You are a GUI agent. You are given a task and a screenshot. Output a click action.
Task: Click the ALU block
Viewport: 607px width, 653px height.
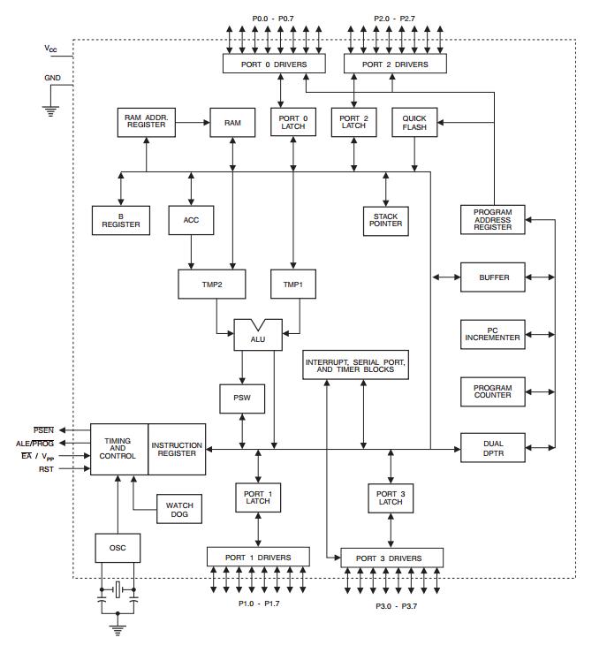(258, 337)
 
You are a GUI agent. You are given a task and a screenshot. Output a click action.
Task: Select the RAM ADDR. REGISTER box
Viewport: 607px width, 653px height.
(146, 122)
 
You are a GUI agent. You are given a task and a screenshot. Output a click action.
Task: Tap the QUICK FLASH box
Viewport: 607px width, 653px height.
(414, 123)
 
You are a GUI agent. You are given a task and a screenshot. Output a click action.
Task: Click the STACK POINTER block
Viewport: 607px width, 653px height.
(385, 220)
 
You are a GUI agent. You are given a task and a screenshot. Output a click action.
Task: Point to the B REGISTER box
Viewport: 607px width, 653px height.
(121, 220)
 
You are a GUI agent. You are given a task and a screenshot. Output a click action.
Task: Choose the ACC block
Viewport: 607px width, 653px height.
(192, 220)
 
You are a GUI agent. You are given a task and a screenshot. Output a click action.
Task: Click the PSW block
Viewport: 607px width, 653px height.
(242, 399)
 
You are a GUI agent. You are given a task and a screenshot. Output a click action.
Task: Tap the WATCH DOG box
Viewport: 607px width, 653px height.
(180, 510)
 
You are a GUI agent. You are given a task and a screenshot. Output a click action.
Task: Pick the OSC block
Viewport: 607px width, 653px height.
(118, 548)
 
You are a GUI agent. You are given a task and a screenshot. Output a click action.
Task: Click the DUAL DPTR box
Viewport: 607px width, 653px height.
(492, 448)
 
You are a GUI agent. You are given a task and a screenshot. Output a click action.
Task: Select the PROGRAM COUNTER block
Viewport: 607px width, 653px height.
(492, 390)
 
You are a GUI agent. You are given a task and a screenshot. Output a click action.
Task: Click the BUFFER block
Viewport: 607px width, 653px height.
(492, 277)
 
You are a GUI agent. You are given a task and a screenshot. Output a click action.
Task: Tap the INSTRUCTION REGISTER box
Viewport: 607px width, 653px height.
(177, 449)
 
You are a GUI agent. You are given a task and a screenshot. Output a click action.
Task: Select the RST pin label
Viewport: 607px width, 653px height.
(46, 469)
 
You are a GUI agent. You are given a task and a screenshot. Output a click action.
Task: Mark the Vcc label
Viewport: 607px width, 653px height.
(51, 49)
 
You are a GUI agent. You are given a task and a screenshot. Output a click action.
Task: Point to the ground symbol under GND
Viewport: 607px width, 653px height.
(51, 111)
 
